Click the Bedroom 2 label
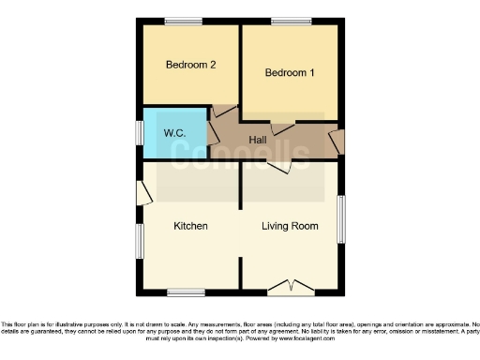[x=191, y=65]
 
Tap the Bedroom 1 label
[x=290, y=73]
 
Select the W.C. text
[x=174, y=133]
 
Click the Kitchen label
[x=190, y=226]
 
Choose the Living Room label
[x=290, y=226]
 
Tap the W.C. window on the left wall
[x=140, y=133]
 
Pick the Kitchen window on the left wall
[x=140, y=242]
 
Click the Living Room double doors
[x=290, y=285]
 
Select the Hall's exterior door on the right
[x=337, y=142]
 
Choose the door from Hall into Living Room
[x=277, y=166]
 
